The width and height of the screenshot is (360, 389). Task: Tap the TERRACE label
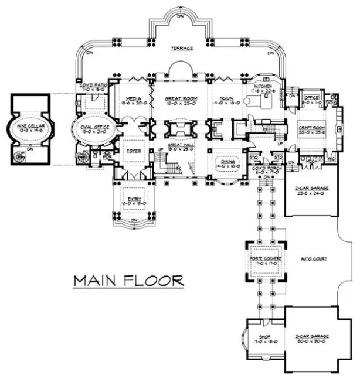(x=182, y=48)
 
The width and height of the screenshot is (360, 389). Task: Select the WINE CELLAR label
(x=25, y=125)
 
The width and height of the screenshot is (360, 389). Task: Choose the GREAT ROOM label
(x=178, y=99)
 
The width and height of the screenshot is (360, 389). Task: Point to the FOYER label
(x=132, y=151)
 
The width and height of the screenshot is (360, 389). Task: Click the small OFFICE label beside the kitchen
(x=311, y=98)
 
